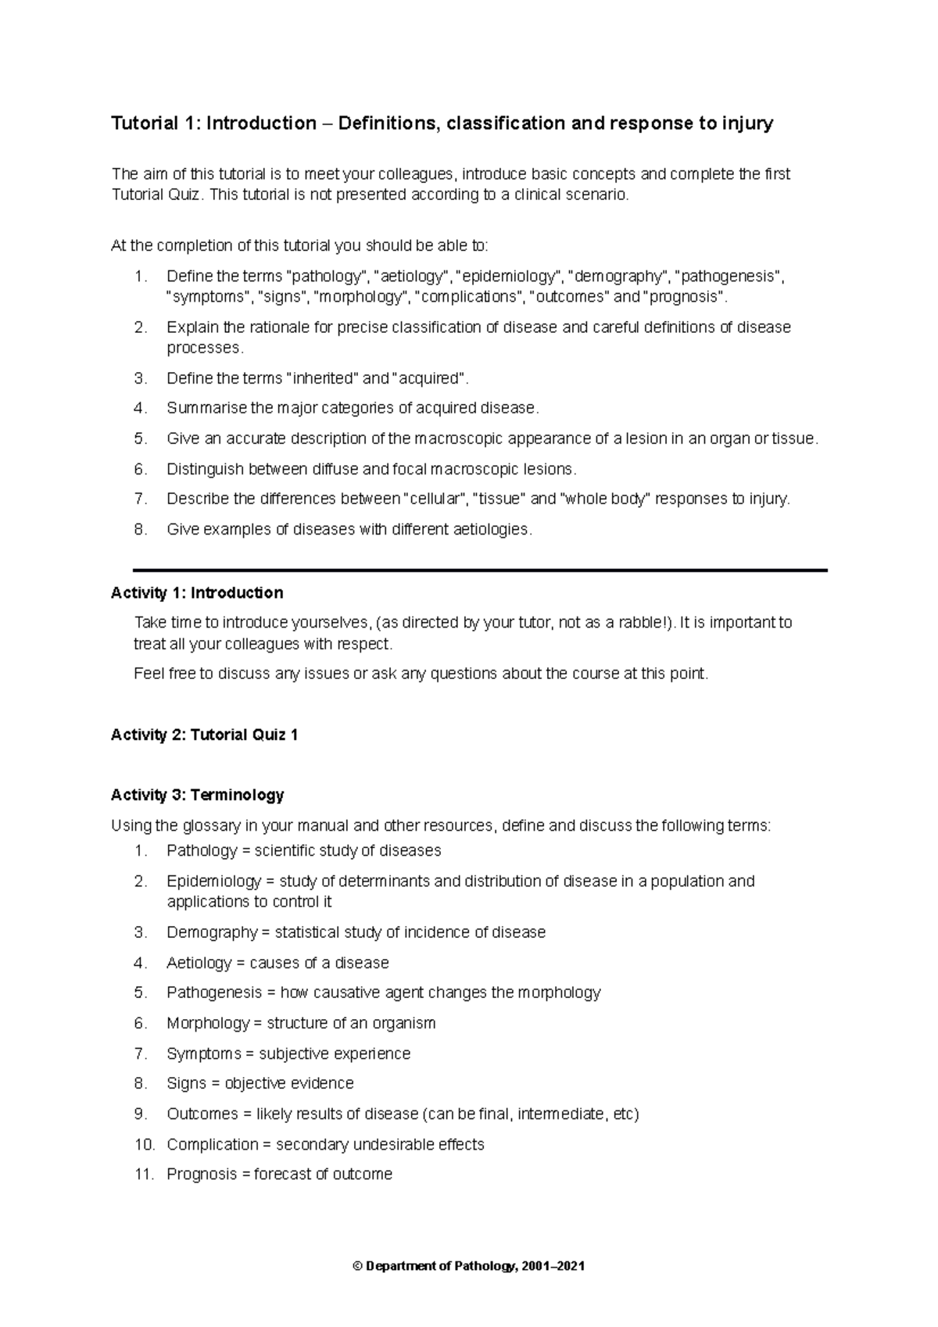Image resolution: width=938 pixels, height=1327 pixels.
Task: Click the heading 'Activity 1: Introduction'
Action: coord(197,593)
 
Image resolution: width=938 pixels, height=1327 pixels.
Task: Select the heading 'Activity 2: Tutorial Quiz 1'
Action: coord(204,735)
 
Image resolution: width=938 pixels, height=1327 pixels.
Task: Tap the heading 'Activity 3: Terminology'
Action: coord(197,796)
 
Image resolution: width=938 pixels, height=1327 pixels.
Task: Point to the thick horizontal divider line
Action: coord(480,571)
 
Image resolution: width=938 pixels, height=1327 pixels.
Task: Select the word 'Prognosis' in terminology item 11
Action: coord(199,1175)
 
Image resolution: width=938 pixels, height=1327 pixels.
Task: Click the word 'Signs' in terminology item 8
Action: coord(186,1084)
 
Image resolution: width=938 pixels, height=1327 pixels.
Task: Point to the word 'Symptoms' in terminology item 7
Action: coord(204,1054)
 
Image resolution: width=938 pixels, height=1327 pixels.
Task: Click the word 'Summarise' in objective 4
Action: coord(206,409)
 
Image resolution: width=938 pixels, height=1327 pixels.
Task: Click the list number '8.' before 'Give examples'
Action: coord(140,530)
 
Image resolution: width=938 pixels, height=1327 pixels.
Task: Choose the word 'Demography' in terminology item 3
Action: coord(212,932)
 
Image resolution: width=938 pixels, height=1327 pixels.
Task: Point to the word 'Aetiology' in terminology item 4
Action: coord(199,963)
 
